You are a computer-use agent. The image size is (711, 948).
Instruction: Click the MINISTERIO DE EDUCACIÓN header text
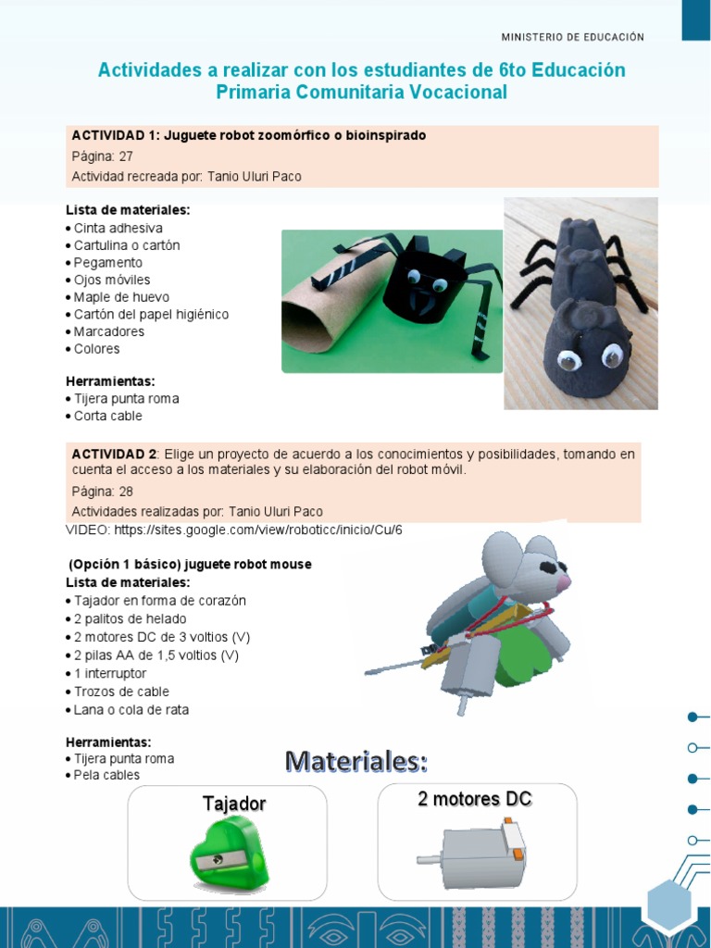[572, 37]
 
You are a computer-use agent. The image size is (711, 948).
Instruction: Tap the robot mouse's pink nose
[564, 581]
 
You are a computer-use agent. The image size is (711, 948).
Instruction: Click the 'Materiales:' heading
[356, 762]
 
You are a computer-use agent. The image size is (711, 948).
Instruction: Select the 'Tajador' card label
[234, 804]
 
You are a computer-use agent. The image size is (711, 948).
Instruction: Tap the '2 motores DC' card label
[475, 799]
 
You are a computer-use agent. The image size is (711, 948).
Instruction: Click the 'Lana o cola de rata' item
[131, 709]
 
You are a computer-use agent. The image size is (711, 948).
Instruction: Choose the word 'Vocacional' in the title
[455, 93]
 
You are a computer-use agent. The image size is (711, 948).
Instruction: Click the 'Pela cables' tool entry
[107, 775]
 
